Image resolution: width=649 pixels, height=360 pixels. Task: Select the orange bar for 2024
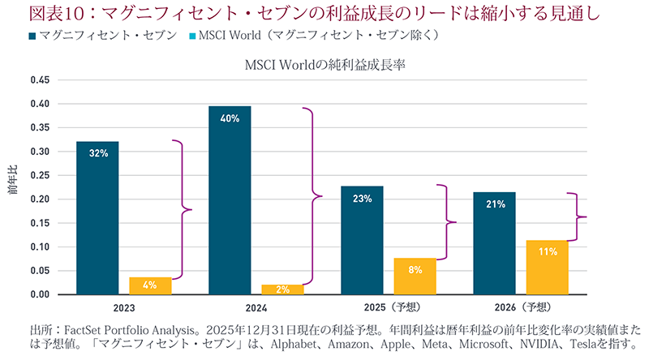[282, 289]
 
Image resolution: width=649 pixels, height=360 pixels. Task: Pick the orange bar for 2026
[547, 268]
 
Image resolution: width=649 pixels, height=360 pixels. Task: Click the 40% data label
[230, 119]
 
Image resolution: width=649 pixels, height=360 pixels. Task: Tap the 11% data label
[547, 252]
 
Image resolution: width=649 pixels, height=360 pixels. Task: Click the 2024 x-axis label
[256, 307]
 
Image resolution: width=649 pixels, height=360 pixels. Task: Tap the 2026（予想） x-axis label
[520, 307]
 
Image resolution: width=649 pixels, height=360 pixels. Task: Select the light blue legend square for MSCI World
[193, 36]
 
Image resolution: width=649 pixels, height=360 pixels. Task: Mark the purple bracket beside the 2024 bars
[312, 195]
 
